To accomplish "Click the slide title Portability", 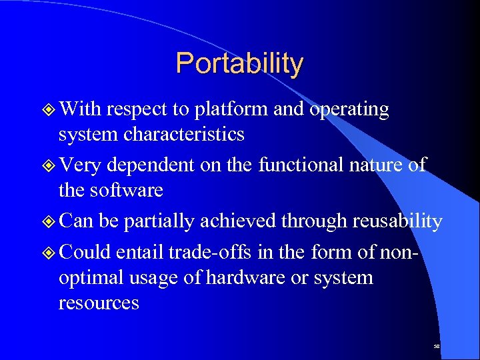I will pos(239,64).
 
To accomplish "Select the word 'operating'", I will pos(349,109).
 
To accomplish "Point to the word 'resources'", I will pos(99,303).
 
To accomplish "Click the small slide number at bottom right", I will pos(437,347).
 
